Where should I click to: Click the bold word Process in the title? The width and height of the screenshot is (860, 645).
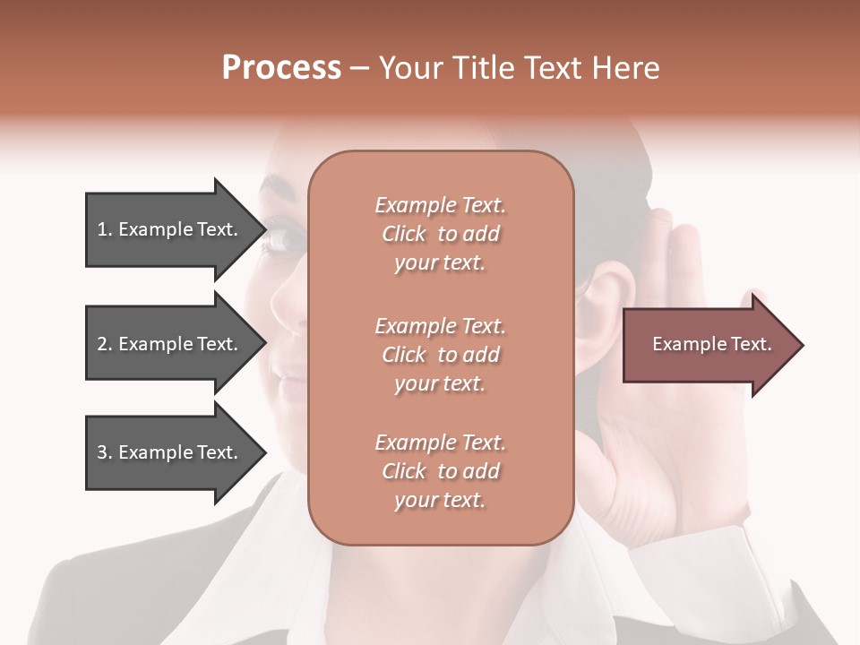281,68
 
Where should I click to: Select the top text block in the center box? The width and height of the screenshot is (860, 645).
440,234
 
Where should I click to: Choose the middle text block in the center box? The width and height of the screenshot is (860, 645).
440,355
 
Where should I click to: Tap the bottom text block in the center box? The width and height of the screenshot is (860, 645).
440,471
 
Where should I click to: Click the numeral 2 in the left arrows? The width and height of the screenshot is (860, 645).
101,344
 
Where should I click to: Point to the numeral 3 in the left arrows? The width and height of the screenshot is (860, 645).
101,452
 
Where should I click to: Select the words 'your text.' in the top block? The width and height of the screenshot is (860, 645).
440,263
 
